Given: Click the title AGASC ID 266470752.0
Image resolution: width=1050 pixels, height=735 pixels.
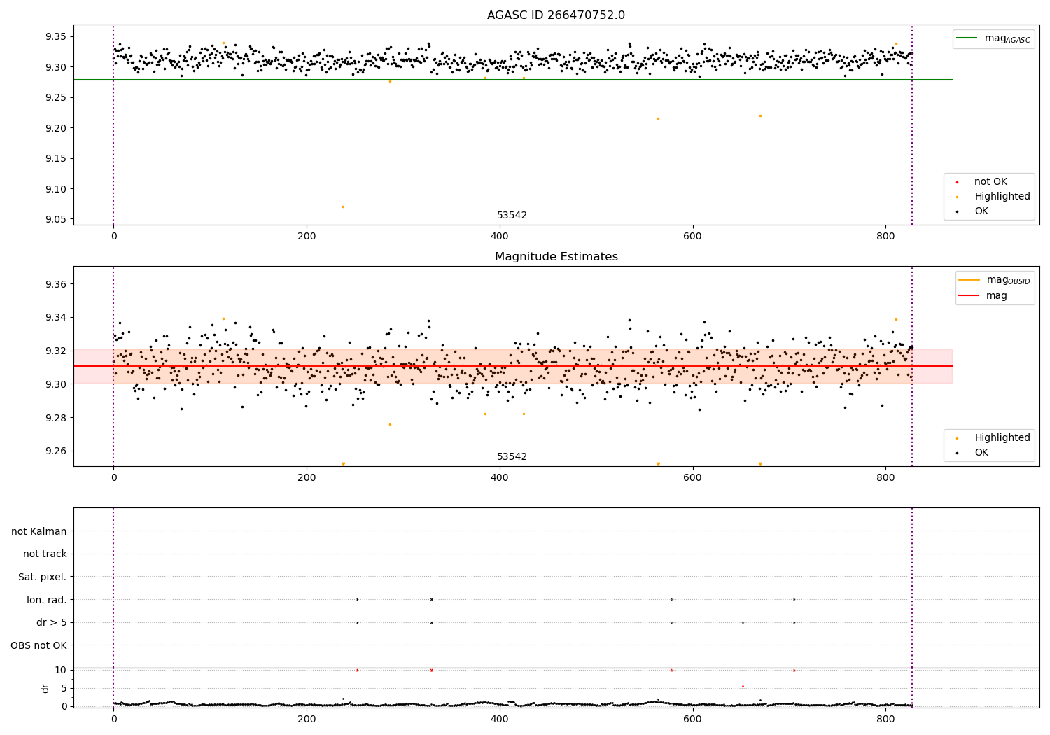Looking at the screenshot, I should (556, 15).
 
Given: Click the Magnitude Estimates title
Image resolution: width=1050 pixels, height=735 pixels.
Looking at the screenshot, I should (556, 257).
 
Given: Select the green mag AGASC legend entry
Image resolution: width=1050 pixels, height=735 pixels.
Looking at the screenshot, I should (993, 38).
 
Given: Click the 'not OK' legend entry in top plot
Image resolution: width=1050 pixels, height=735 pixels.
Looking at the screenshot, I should (990, 182).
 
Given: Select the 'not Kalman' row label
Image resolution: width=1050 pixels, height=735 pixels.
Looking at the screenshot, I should (39, 531).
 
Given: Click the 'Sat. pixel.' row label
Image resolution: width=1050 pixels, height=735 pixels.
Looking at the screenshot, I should (42, 577).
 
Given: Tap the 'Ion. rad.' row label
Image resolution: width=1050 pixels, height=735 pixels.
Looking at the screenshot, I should (46, 600).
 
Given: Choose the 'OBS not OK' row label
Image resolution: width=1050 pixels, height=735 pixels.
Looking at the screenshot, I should (38, 645).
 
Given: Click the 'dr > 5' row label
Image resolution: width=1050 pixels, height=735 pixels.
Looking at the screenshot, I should (51, 622).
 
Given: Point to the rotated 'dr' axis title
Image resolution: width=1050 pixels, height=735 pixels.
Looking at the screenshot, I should (45, 688).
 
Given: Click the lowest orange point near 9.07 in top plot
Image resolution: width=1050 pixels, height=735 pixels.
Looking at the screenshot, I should (343, 206).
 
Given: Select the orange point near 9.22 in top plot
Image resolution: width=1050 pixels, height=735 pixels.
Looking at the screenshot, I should (760, 115).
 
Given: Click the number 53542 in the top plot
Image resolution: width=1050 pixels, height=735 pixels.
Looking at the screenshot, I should (512, 216).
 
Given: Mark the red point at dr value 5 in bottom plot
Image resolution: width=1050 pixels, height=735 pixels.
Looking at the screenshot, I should (743, 686).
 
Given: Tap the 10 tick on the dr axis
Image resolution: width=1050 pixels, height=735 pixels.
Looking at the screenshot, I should (60, 670).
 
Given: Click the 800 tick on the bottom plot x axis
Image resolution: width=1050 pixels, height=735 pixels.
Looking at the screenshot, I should (885, 718).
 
